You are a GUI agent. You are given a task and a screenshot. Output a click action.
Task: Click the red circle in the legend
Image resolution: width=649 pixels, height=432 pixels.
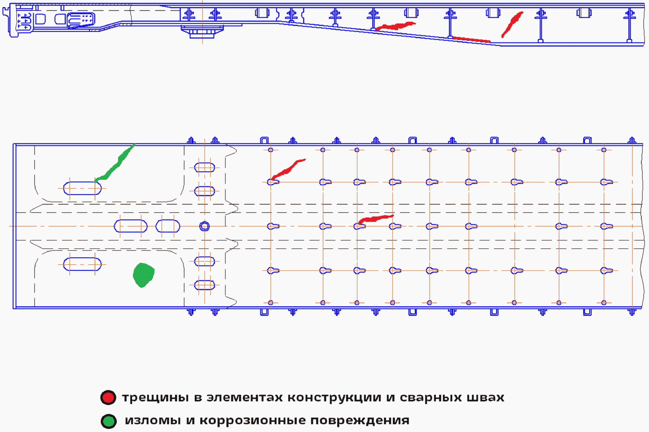tap(108, 398)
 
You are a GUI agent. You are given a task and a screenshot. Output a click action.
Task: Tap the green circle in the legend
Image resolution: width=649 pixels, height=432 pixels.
tap(109, 421)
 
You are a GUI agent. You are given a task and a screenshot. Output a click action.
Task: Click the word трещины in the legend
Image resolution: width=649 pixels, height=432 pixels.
tap(156, 398)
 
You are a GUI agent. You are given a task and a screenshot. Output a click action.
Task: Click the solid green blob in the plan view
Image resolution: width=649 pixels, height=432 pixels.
tap(143, 275)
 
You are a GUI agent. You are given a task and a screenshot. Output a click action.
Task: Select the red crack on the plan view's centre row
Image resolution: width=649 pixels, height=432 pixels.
tap(376, 219)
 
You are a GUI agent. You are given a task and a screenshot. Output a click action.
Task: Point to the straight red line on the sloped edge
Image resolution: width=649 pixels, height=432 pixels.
tap(471, 39)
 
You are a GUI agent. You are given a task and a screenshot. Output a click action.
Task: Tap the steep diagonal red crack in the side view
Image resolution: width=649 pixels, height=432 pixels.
tap(512, 24)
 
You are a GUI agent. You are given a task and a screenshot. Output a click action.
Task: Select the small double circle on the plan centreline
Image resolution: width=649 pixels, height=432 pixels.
tap(204, 227)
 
